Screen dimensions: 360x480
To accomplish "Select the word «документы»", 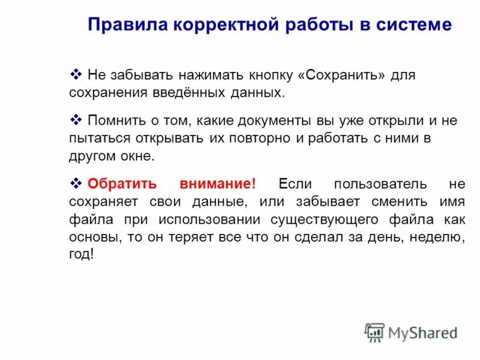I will pyautogui.click(x=273, y=121).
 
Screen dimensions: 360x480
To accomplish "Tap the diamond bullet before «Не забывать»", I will pyautogui.click(x=76, y=75).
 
